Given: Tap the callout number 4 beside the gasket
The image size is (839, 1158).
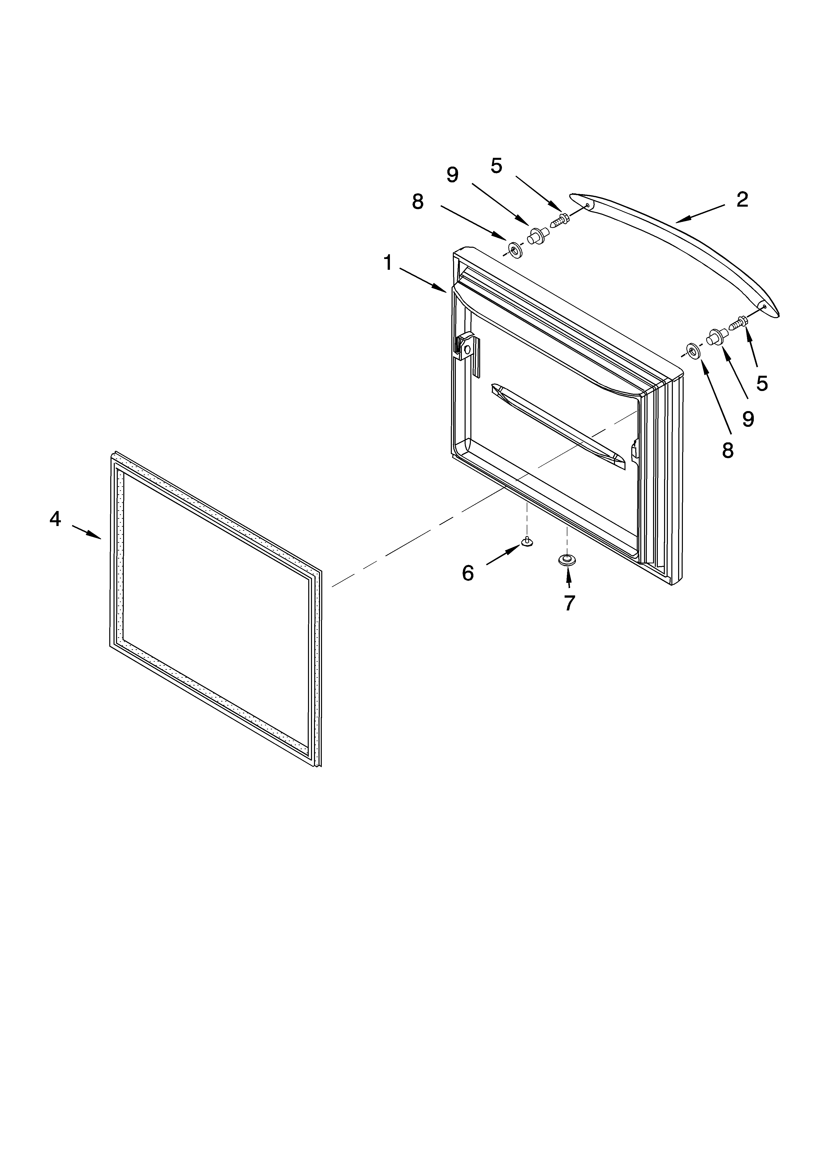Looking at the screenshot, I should [x=55, y=519].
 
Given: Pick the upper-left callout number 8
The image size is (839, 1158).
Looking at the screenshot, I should [x=418, y=202].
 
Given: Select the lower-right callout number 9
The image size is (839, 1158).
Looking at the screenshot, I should [x=748, y=419].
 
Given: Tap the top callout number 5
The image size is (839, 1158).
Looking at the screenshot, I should [x=496, y=165].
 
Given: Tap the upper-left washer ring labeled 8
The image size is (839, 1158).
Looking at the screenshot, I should [x=513, y=250].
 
